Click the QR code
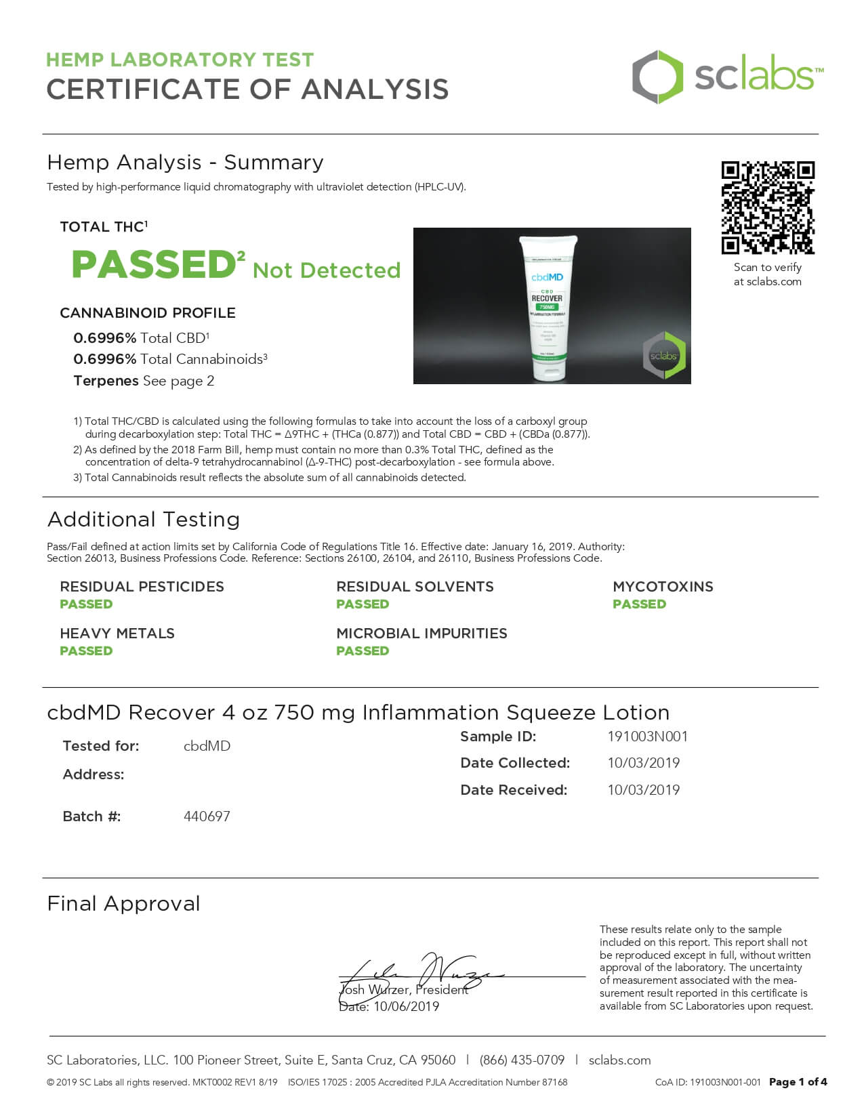(x=767, y=207)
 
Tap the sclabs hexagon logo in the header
(x=658, y=77)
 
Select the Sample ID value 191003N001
(x=647, y=737)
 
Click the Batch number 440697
(x=207, y=816)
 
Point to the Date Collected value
(x=643, y=763)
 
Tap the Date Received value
(x=643, y=790)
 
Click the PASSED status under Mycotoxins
(x=639, y=604)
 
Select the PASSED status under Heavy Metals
(x=86, y=651)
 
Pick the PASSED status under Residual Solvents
(x=363, y=604)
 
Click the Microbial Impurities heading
(x=421, y=634)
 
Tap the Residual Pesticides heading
(x=142, y=587)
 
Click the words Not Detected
(x=327, y=270)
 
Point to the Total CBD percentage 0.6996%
(x=104, y=338)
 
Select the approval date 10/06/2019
(x=406, y=1007)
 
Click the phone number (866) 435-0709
(x=522, y=1060)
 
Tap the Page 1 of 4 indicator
(x=798, y=1082)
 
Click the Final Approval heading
(x=123, y=904)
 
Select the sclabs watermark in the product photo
(x=664, y=355)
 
